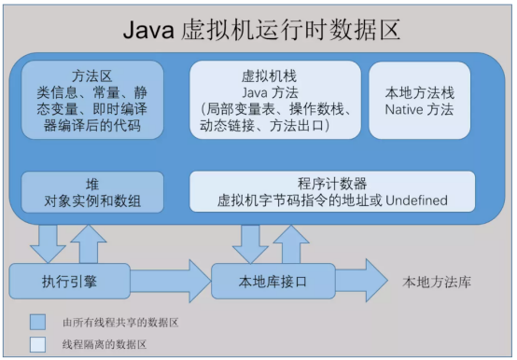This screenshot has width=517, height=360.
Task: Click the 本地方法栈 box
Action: (x=419, y=101)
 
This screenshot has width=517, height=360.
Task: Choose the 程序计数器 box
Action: (x=331, y=192)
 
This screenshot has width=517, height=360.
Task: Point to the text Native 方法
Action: (x=419, y=110)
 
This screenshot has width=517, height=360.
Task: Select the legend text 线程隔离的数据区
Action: (x=106, y=343)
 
